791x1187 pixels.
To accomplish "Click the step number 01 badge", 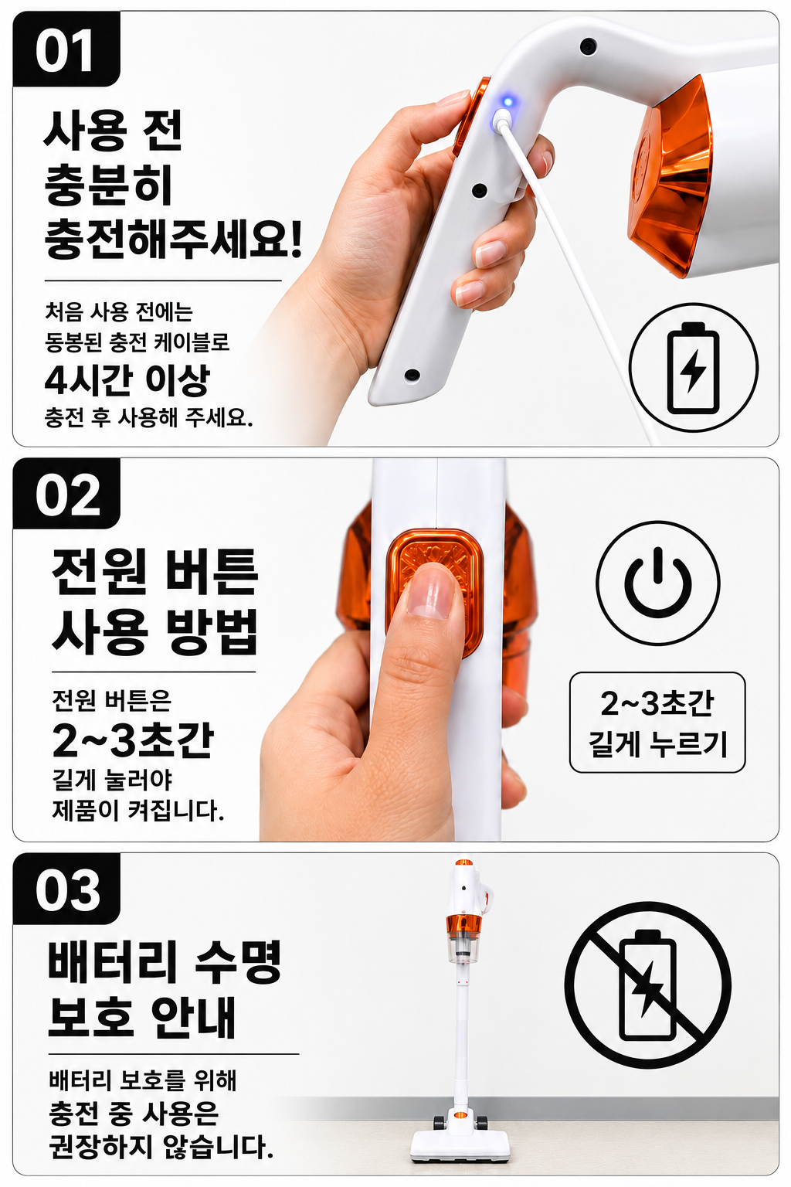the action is (66, 49).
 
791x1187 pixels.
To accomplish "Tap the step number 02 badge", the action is (66, 494).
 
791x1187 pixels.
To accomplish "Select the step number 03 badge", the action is (66, 889).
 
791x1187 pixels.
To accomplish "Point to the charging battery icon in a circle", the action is (694, 367).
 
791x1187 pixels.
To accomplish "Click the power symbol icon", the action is (658, 583).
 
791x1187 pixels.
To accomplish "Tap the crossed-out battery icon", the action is (648, 985).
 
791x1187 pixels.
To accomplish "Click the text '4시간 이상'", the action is (127, 380).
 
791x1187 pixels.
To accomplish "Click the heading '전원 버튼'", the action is (154, 572).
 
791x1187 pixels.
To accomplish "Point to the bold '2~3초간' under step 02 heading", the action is (133, 740).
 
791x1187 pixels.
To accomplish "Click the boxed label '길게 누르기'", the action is (657, 743).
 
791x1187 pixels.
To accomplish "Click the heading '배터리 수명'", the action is (165, 959).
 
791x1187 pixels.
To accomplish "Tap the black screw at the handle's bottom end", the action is (412, 375).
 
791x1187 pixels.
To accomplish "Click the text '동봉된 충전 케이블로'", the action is (137, 342).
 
